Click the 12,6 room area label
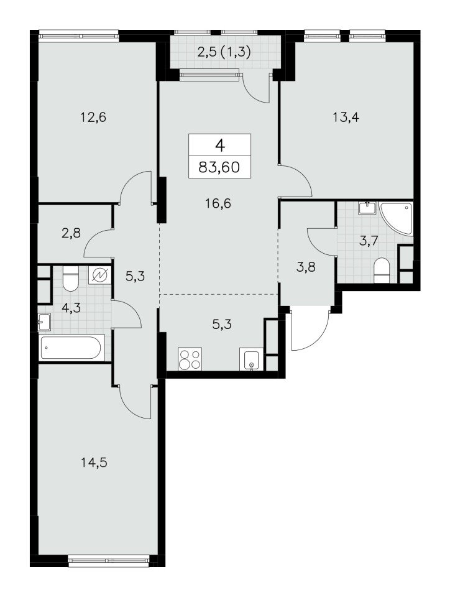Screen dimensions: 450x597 point(93,118)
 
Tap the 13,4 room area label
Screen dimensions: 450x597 point(346,118)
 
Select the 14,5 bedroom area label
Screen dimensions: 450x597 point(94,463)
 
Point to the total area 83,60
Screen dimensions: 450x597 point(219,167)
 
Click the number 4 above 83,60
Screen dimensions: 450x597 point(220,145)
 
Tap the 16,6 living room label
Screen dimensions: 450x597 point(218,204)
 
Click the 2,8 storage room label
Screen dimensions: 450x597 point(71,232)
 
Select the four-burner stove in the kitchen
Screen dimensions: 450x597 point(190,359)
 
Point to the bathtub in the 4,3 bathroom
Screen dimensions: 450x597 point(71,347)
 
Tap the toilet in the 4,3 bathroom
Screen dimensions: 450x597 point(70,279)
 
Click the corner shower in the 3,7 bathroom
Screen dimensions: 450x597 point(396,218)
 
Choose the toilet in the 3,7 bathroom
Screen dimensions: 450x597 point(382,269)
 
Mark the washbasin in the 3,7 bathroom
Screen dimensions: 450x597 point(367,207)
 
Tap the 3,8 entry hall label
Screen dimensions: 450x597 point(305,267)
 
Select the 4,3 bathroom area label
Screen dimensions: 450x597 point(71,307)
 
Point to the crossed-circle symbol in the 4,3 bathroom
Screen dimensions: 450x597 point(101,274)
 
